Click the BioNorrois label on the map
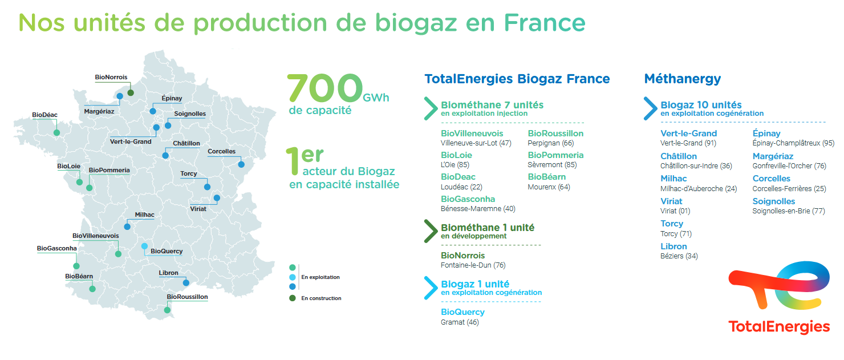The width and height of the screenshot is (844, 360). pos(111,77)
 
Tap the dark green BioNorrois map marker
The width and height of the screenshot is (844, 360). pos(131,93)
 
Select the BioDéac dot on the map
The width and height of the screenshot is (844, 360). pos(56,133)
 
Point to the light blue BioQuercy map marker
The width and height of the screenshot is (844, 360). pos(144,246)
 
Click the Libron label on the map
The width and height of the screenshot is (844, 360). pos(168,273)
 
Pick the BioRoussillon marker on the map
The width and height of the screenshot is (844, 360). pos(167,310)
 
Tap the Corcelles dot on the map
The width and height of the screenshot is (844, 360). pos(241,164)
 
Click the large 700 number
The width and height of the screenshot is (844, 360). pos(325,88)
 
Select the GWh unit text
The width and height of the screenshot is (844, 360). pos(376,98)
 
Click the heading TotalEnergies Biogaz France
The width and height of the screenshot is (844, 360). pos(517,79)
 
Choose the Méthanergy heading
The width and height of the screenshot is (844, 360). pos(683,79)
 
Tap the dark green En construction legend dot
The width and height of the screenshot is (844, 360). pos(293,298)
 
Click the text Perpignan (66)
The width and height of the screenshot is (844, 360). pos(550,143)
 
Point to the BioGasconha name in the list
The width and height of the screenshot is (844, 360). pos(468,199)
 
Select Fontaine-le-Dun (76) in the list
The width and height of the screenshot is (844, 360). pos(473,265)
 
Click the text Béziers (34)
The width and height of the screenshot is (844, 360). pos(679,256)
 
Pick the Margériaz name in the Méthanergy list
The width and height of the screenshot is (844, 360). pos(773,156)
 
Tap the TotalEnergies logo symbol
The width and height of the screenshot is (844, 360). pos(779,285)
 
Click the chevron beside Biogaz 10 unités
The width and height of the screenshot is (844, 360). pos(651,108)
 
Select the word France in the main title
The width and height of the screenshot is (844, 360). pos(545,23)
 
